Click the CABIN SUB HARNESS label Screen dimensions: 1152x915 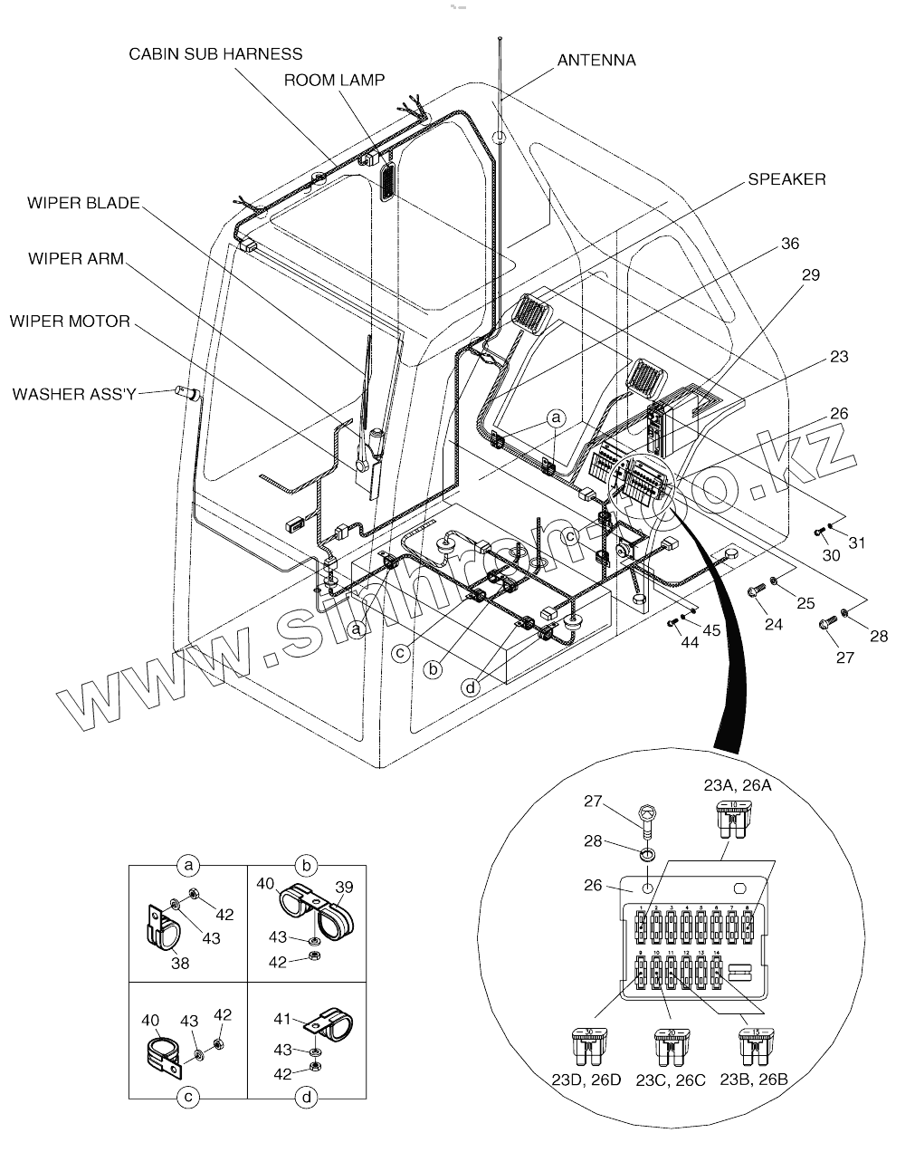[215, 54]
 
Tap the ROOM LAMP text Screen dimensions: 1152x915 [334, 81]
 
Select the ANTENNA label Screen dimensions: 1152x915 [596, 61]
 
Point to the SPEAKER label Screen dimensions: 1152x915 [786, 179]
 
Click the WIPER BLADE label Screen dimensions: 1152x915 [83, 203]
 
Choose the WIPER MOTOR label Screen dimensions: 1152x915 [70, 322]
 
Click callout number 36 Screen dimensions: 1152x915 [789, 244]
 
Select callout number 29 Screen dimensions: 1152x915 [810, 274]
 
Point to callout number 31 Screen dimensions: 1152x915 [856, 542]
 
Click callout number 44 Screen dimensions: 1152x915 [690, 641]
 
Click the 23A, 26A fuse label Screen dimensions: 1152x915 [738, 785]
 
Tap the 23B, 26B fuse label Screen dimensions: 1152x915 [754, 1079]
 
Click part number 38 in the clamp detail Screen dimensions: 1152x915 [180, 964]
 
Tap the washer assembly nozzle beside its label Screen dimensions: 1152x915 [189, 393]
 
